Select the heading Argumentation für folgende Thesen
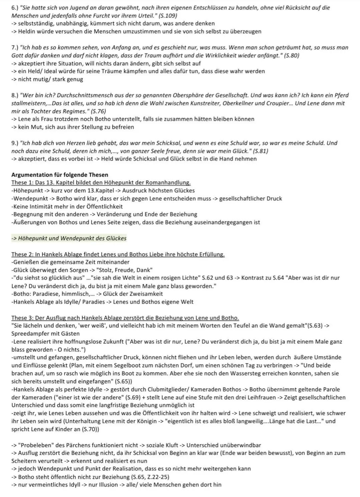pyautogui.click(x=60, y=175)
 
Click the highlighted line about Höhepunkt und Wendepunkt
pyautogui.click(x=69, y=238)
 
